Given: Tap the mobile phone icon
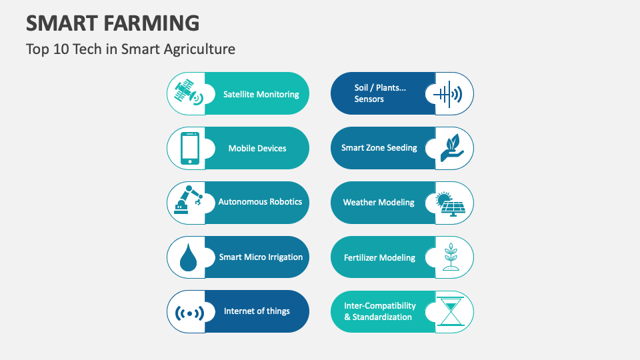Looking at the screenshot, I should (x=189, y=148).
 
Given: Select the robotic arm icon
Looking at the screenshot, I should (x=188, y=202).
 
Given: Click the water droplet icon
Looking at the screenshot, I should (x=189, y=257).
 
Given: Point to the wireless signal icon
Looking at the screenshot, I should (x=189, y=312).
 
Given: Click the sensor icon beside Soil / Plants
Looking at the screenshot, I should (x=447, y=95).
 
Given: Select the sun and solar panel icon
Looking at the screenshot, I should (x=452, y=203).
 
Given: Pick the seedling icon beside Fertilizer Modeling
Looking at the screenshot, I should (x=452, y=257).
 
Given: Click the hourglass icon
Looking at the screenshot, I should (x=452, y=311).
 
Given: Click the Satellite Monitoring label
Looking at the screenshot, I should (x=261, y=94).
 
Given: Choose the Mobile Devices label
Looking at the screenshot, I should (x=257, y=148).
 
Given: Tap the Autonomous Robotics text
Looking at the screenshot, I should (x=260, y=201).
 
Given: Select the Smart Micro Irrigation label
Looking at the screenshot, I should (x=261, y=257).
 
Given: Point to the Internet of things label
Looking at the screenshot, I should (x=257, y=311).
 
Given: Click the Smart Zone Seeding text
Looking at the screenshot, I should (x=379, y=147).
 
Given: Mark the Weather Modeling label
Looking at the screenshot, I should (x=379, y=202).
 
